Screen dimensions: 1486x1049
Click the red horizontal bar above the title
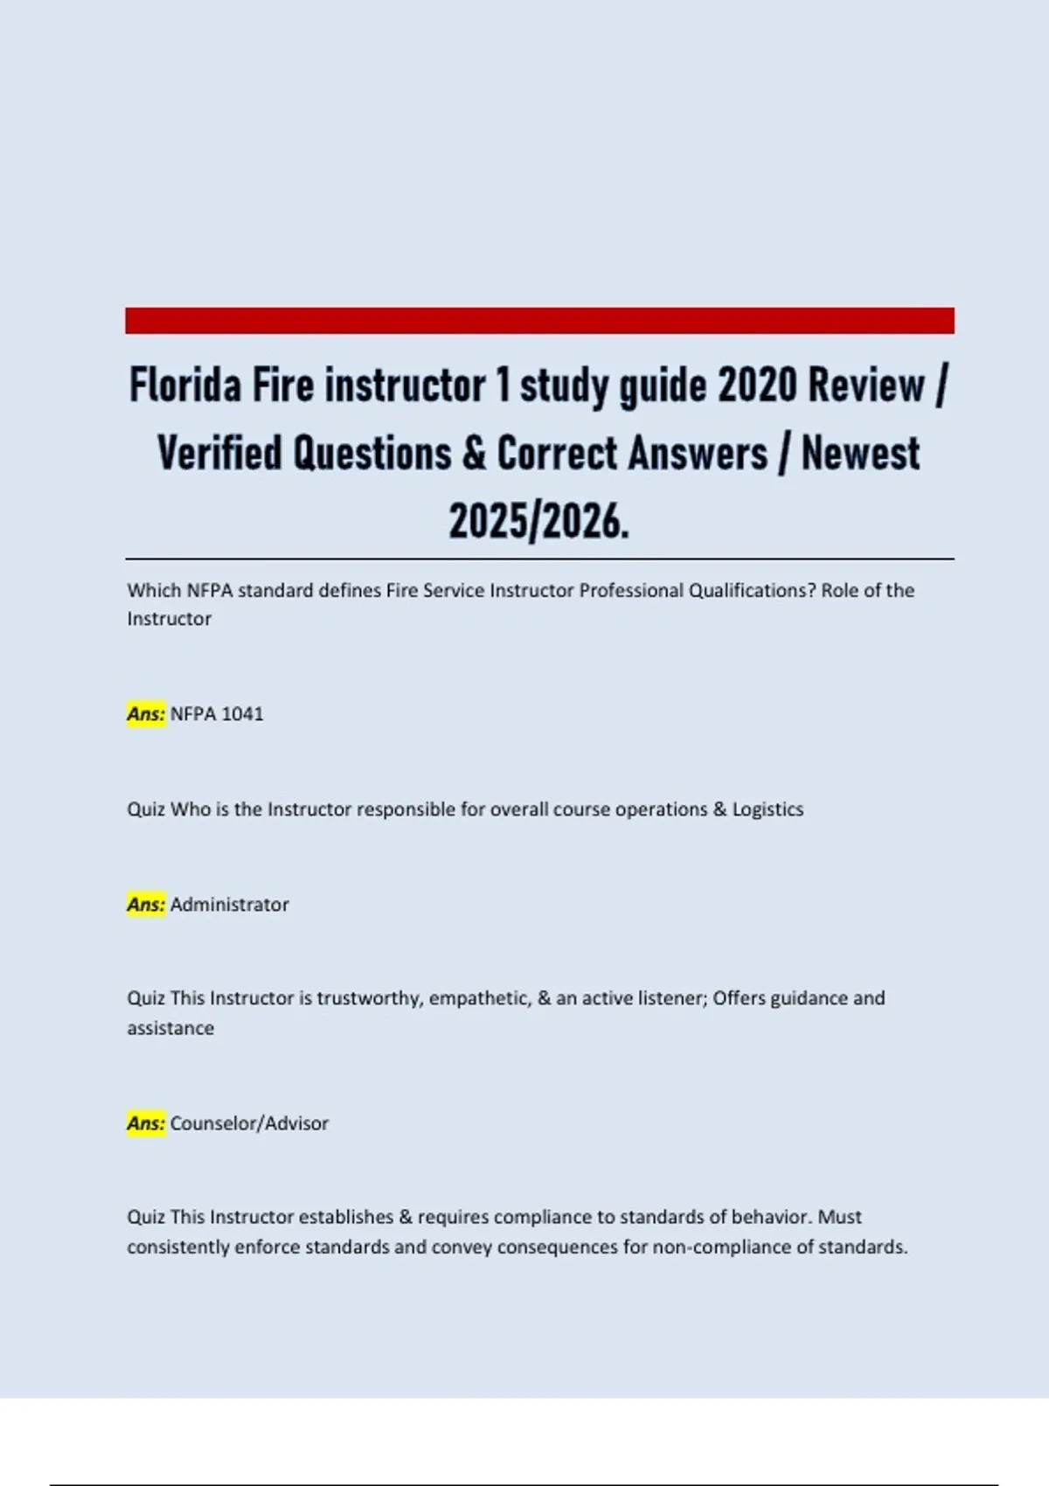pos(539,320)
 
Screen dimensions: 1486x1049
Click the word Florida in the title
pos(184,385)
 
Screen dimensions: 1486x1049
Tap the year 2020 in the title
pos(757,385)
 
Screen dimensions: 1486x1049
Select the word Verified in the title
pos(219,454)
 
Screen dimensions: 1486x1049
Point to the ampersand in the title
pos(474,454)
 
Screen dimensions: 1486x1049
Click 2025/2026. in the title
pos(539,522)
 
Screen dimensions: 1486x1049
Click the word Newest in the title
pos(860,454)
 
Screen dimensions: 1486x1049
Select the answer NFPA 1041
pos(217,714)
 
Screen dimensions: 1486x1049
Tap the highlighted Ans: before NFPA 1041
pos(146,714)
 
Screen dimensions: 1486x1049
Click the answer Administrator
pos(229,905)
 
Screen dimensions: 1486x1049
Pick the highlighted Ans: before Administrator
pos(146,905)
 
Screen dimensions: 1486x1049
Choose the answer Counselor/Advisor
pos(249,1123)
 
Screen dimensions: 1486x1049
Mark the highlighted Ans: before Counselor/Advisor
pos(146,1123)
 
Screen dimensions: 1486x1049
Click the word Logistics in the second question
pos(768,809)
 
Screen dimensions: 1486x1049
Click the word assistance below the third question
pos(170,1029)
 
